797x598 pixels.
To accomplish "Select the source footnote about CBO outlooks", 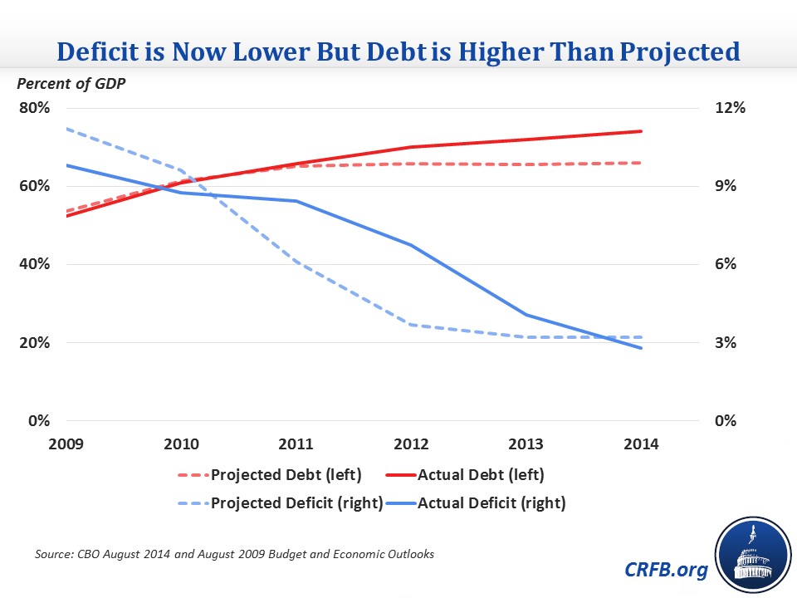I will [234, 554].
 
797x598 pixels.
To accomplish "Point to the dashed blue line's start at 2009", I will [66, 129].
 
